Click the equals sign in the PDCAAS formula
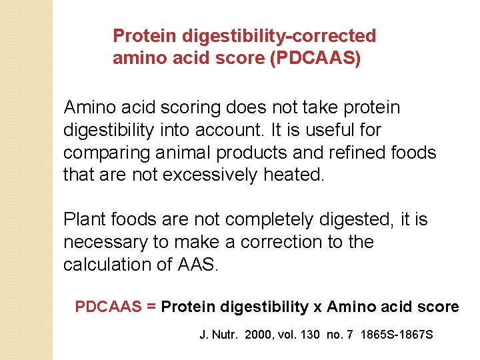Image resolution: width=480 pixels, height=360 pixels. (x=151, y=307)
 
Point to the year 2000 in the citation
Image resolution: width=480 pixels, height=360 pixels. (x=258, y=334)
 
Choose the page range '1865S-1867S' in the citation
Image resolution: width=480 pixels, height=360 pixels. (x=396, y=334)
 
